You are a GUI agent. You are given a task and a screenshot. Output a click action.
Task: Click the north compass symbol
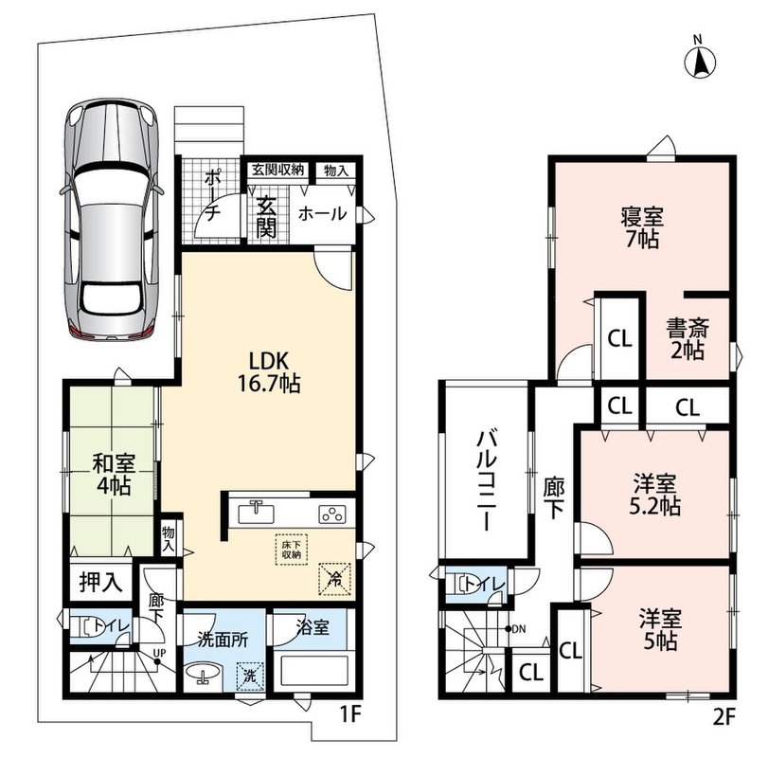(x=700, y=60)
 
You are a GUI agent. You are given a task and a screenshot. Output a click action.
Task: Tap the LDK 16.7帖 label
(x=269, y=372)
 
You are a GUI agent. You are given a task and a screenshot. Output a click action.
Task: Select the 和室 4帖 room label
(x=114, y=475)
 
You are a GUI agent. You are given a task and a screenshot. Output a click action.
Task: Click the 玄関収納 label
(x=278, y=170)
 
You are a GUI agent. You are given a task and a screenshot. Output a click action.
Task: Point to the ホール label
(x=322, y=213)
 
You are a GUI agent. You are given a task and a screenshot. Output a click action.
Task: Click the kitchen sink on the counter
(x=257, y=514)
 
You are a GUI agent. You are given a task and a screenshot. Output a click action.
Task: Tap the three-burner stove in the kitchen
(x=332, y=514)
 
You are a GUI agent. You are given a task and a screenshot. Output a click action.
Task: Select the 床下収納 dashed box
(x=291, y=550)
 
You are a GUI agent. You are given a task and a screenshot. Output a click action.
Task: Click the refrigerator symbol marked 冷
(x=335, y=579)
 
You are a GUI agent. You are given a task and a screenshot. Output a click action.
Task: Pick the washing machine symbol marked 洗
(x=250, y=677)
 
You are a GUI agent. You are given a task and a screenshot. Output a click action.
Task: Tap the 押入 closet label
(x=101, y=582)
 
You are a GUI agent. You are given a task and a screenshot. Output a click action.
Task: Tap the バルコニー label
(x=488, y=481)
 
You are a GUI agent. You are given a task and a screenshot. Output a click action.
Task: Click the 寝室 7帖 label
(x=642, y=227)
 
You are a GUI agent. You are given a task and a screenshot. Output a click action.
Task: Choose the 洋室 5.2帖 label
(x=655, y=495)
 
